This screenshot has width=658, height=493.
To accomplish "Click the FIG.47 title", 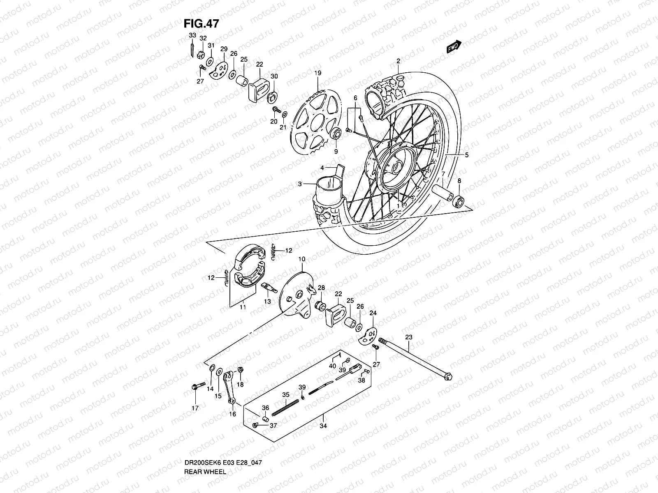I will [x=201, y=23].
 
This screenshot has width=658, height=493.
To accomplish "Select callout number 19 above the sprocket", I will [x=318, y=73].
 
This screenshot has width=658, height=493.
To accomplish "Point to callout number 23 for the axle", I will [x=408, y=337].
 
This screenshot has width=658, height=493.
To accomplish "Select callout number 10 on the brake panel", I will [x=302, y=259].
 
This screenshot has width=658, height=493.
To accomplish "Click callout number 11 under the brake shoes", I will [x=243, y=307].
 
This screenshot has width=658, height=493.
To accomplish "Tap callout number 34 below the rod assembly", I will [x=323, y=426].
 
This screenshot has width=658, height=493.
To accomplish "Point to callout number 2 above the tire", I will [x=398, y=61].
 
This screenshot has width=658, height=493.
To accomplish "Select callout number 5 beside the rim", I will [x=467, y=155].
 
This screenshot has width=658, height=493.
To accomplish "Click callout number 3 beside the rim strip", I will [x=300, y=184].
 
